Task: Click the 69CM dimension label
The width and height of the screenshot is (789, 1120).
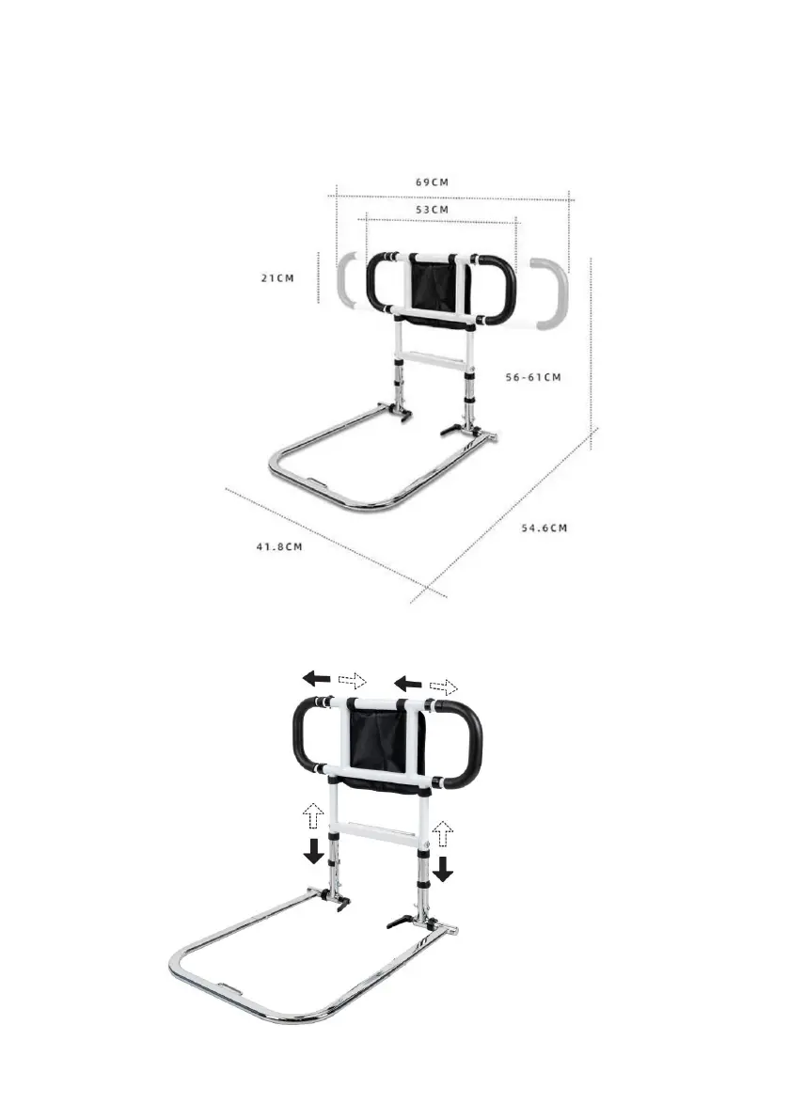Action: pyautogui.click(x=432, y=182)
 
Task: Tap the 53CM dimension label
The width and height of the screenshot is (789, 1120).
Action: pyautogui.click(x=432, y=210)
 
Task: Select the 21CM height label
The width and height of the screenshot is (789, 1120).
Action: pyautogui.click(x=277, y=277)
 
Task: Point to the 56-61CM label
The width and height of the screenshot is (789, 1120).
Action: pyautogui.click(x=533, y=377)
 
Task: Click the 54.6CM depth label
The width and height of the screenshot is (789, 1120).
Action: pyautogui.click(x=544, y=528)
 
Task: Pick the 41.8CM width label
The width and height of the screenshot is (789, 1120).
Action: pyautogui.click(x=279, y=546)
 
